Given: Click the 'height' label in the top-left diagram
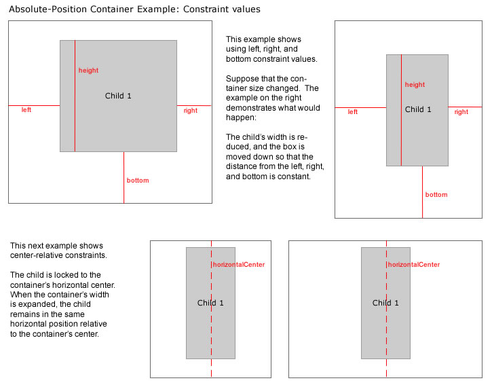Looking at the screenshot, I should point(88,71).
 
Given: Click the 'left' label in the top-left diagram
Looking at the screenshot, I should point(26,109).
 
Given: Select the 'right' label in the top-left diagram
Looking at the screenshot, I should point(190,111).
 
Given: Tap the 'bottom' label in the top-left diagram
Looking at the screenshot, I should point(138,181).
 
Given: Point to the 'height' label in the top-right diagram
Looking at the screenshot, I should point(415,85).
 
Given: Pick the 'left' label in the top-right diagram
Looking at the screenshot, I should point(353,112).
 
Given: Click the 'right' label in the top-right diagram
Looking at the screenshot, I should point(461,112).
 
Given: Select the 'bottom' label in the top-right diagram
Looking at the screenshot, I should point(436,195).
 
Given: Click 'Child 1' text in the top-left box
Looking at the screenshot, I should point(118,96).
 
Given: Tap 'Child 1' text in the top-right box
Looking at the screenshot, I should point(418,109).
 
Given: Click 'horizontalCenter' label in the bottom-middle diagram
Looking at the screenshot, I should point(239,265).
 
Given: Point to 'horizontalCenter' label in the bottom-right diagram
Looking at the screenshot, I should point(414,265).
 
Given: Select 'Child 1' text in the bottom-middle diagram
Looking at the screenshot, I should point(210,303).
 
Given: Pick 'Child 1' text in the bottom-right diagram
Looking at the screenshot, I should point(385,303).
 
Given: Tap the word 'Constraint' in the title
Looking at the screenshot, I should point(208,10).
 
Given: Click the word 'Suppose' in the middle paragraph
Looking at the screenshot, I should point(241,79).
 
